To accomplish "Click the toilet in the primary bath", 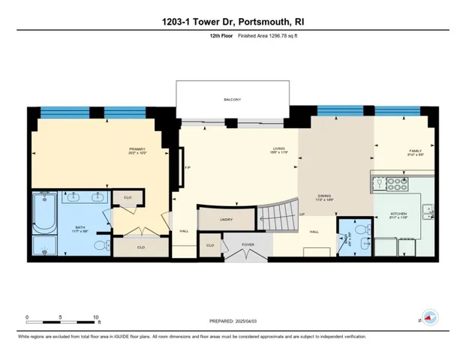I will [x=106, y=243].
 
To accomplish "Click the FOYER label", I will [x=248, y=244].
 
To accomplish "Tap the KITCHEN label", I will [x=398, y=214].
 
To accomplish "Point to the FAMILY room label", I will [x=415, y=152].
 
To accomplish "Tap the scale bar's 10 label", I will [x=95, y=317].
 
